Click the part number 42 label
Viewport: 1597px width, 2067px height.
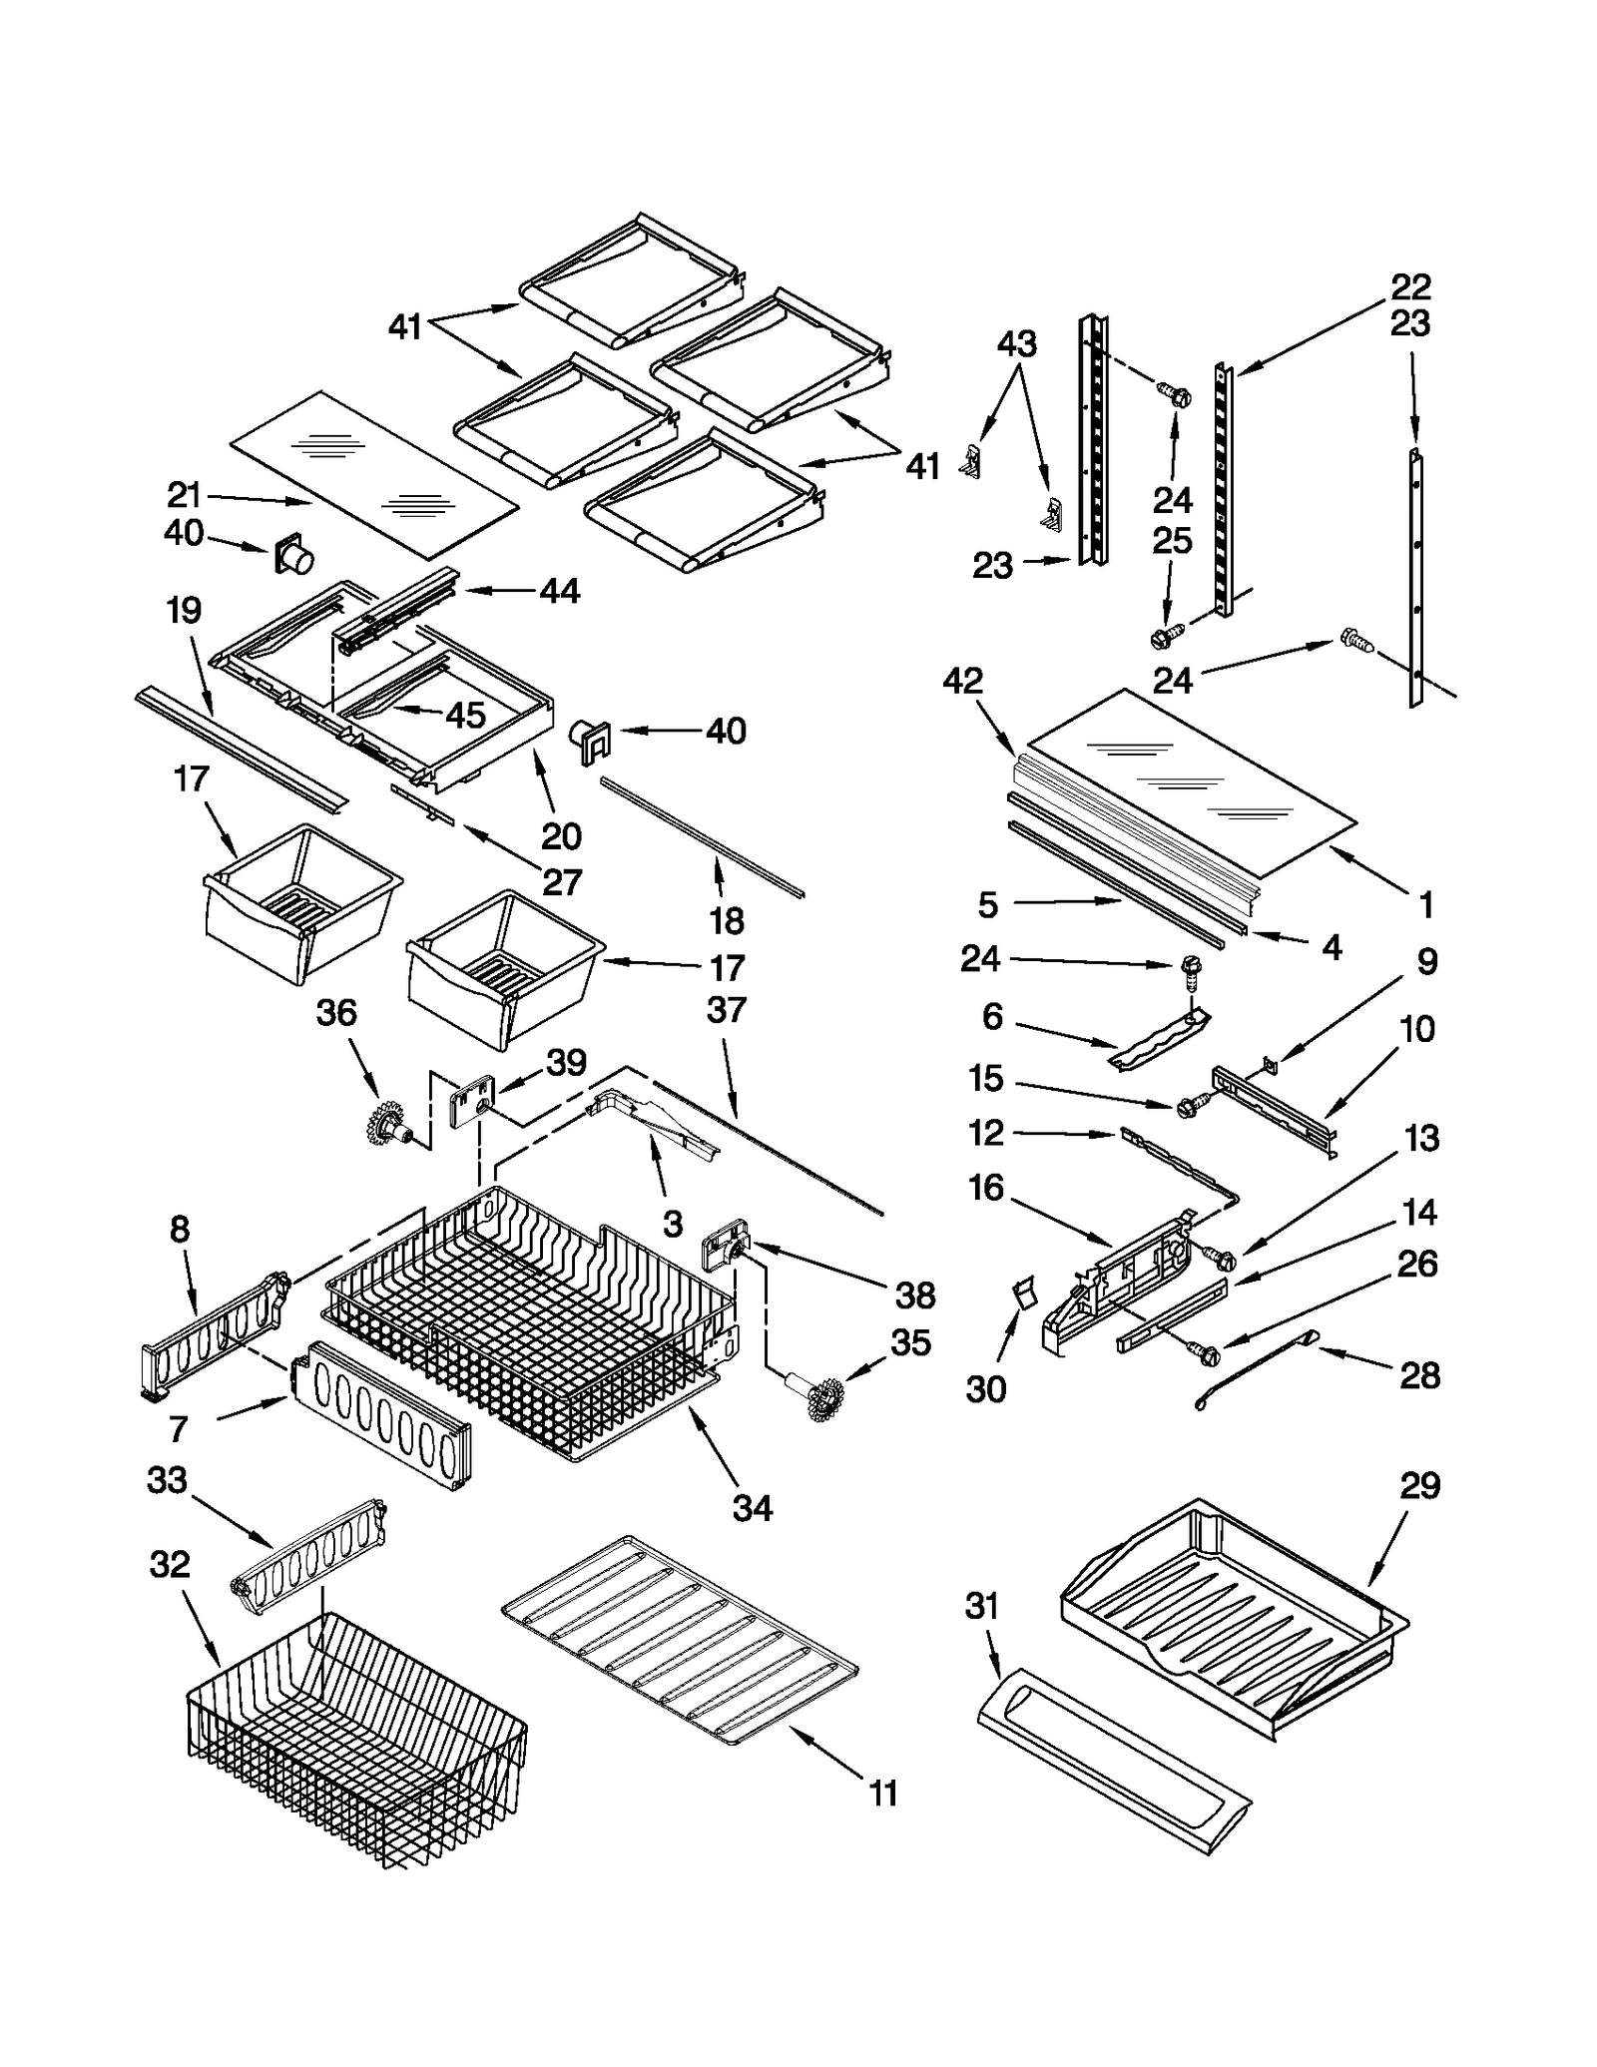[x=962, y=681]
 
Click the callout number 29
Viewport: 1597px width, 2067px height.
[x=1419, y=1486]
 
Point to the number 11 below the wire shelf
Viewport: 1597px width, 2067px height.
[x=882, y=1794]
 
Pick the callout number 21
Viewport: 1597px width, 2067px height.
[x=185, y=495]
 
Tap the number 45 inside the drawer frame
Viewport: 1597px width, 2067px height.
[x=465, y=715]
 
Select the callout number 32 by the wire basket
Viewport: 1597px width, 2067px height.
[x=169, y=1563]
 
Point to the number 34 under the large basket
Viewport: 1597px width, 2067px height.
[x=752, y=1508]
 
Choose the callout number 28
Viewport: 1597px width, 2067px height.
[x=1419, y=1375]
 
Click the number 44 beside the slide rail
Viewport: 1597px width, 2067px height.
[x=559, y=591]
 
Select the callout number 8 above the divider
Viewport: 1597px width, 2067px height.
[x=179, y=1229]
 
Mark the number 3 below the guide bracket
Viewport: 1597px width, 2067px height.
[x=673, y=1224]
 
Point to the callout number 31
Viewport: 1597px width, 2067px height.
[x=982, y=1607]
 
